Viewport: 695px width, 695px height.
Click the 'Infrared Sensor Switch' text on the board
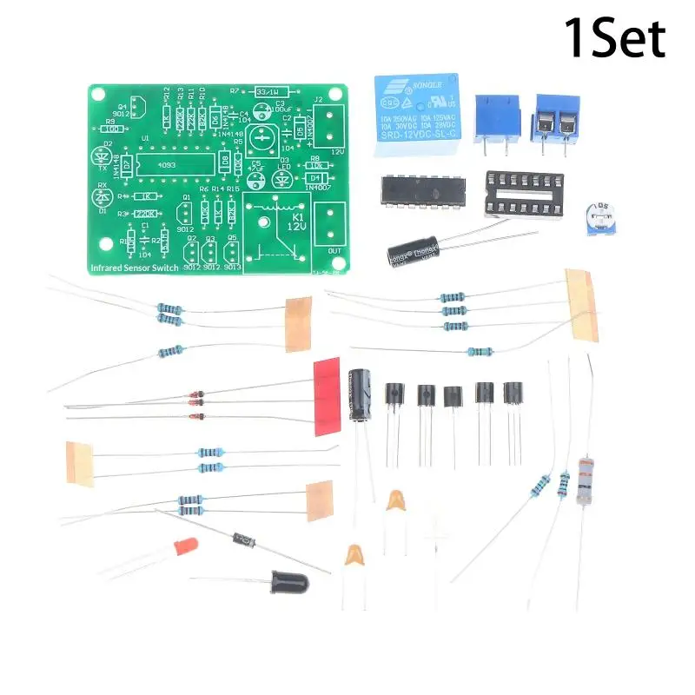click(x=135, y=268)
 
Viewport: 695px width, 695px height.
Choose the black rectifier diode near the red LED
click(x=242, y=541)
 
